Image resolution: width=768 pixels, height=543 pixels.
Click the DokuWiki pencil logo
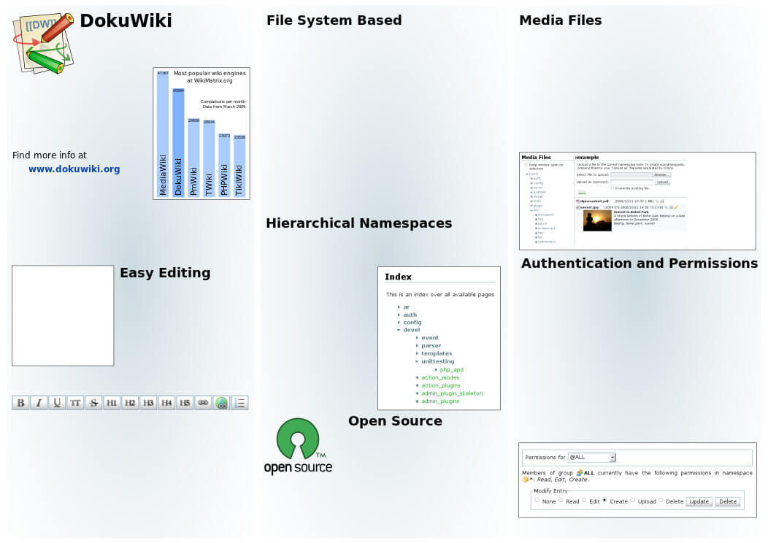(x=43, y=43)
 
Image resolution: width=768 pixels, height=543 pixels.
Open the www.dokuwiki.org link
(x=74, y=169)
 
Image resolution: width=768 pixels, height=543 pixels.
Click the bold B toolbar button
(x=20, y=403)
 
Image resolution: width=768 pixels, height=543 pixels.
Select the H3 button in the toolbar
(x=148, y=403)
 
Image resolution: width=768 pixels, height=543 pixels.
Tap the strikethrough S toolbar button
(x=93, y=403)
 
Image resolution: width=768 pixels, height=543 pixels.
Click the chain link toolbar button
(x=204, y=403)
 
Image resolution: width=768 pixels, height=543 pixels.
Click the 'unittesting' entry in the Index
(x=438, y=361)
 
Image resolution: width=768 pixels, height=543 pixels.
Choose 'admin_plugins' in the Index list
(x=440, y=401)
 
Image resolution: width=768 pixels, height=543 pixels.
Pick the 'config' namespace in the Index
(x=412, y=323)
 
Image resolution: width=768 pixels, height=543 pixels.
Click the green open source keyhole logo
(x=297, y=440)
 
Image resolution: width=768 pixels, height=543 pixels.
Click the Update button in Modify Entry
(x=699, y=502)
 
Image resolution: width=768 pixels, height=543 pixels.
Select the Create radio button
(x=604, y=501)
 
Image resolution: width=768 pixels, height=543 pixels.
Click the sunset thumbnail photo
(x=597, y=221)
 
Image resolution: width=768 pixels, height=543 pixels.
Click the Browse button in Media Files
(x=661, y=175)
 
